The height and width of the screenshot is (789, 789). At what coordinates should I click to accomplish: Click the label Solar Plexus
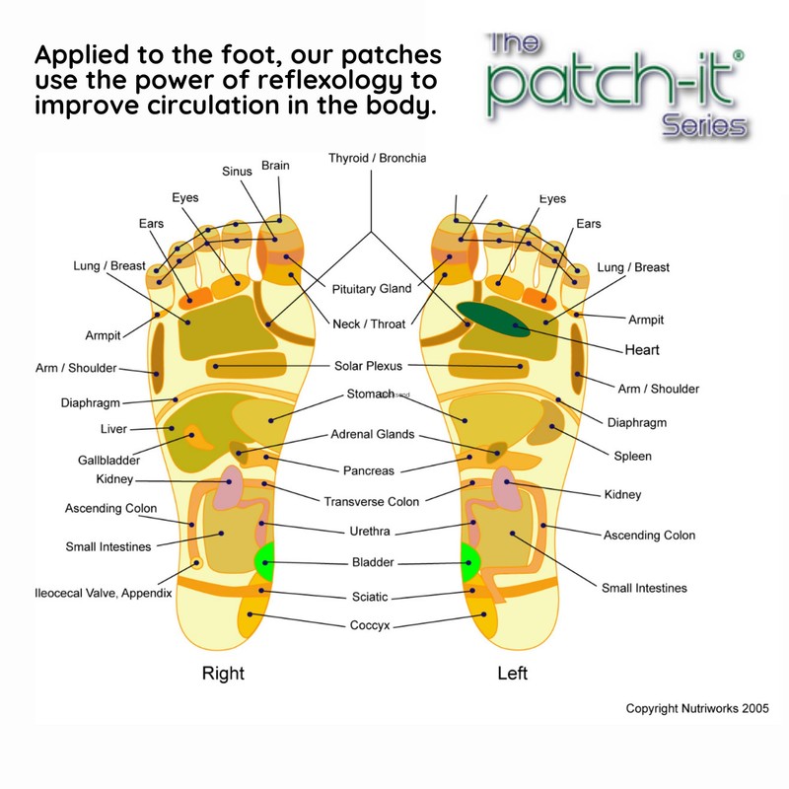(x=369, y=366)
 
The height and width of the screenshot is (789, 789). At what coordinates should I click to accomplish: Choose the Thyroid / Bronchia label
(x=377, y=158)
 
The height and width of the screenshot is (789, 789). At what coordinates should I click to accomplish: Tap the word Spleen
(x=632, y=457)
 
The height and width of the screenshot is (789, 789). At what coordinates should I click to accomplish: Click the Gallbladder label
(x=108, y=460)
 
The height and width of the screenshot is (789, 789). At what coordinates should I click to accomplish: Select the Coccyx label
(x=369, y=625)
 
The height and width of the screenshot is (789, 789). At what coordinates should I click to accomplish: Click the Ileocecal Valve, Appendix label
(x=105, y=593)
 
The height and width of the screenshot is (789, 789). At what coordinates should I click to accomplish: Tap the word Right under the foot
(x=223, y=674)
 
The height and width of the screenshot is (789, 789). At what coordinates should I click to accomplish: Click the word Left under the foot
(x=512, y=674)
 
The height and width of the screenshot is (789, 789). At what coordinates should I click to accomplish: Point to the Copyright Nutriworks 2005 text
(x=697, y=708)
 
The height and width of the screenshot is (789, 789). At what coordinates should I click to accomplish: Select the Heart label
(x=641, y=350)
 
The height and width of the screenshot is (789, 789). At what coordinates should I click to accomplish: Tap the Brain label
(x=275, y=166)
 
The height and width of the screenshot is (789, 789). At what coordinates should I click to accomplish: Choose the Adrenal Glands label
(x=374, y=434)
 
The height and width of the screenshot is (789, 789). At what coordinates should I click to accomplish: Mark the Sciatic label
(x=370, y=597)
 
